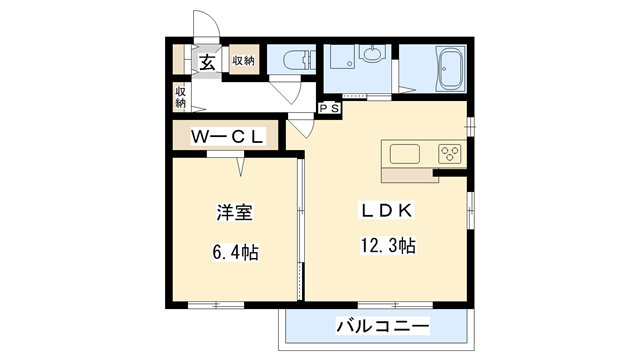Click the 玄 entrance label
tap(207, 62)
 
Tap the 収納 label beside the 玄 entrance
tap(244, 62)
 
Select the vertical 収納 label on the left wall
tap(181, 97)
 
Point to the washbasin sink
tap(371, 52)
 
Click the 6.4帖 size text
tap(235, 252)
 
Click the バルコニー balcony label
tap(382, 326)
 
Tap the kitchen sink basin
tap(404, 154)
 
